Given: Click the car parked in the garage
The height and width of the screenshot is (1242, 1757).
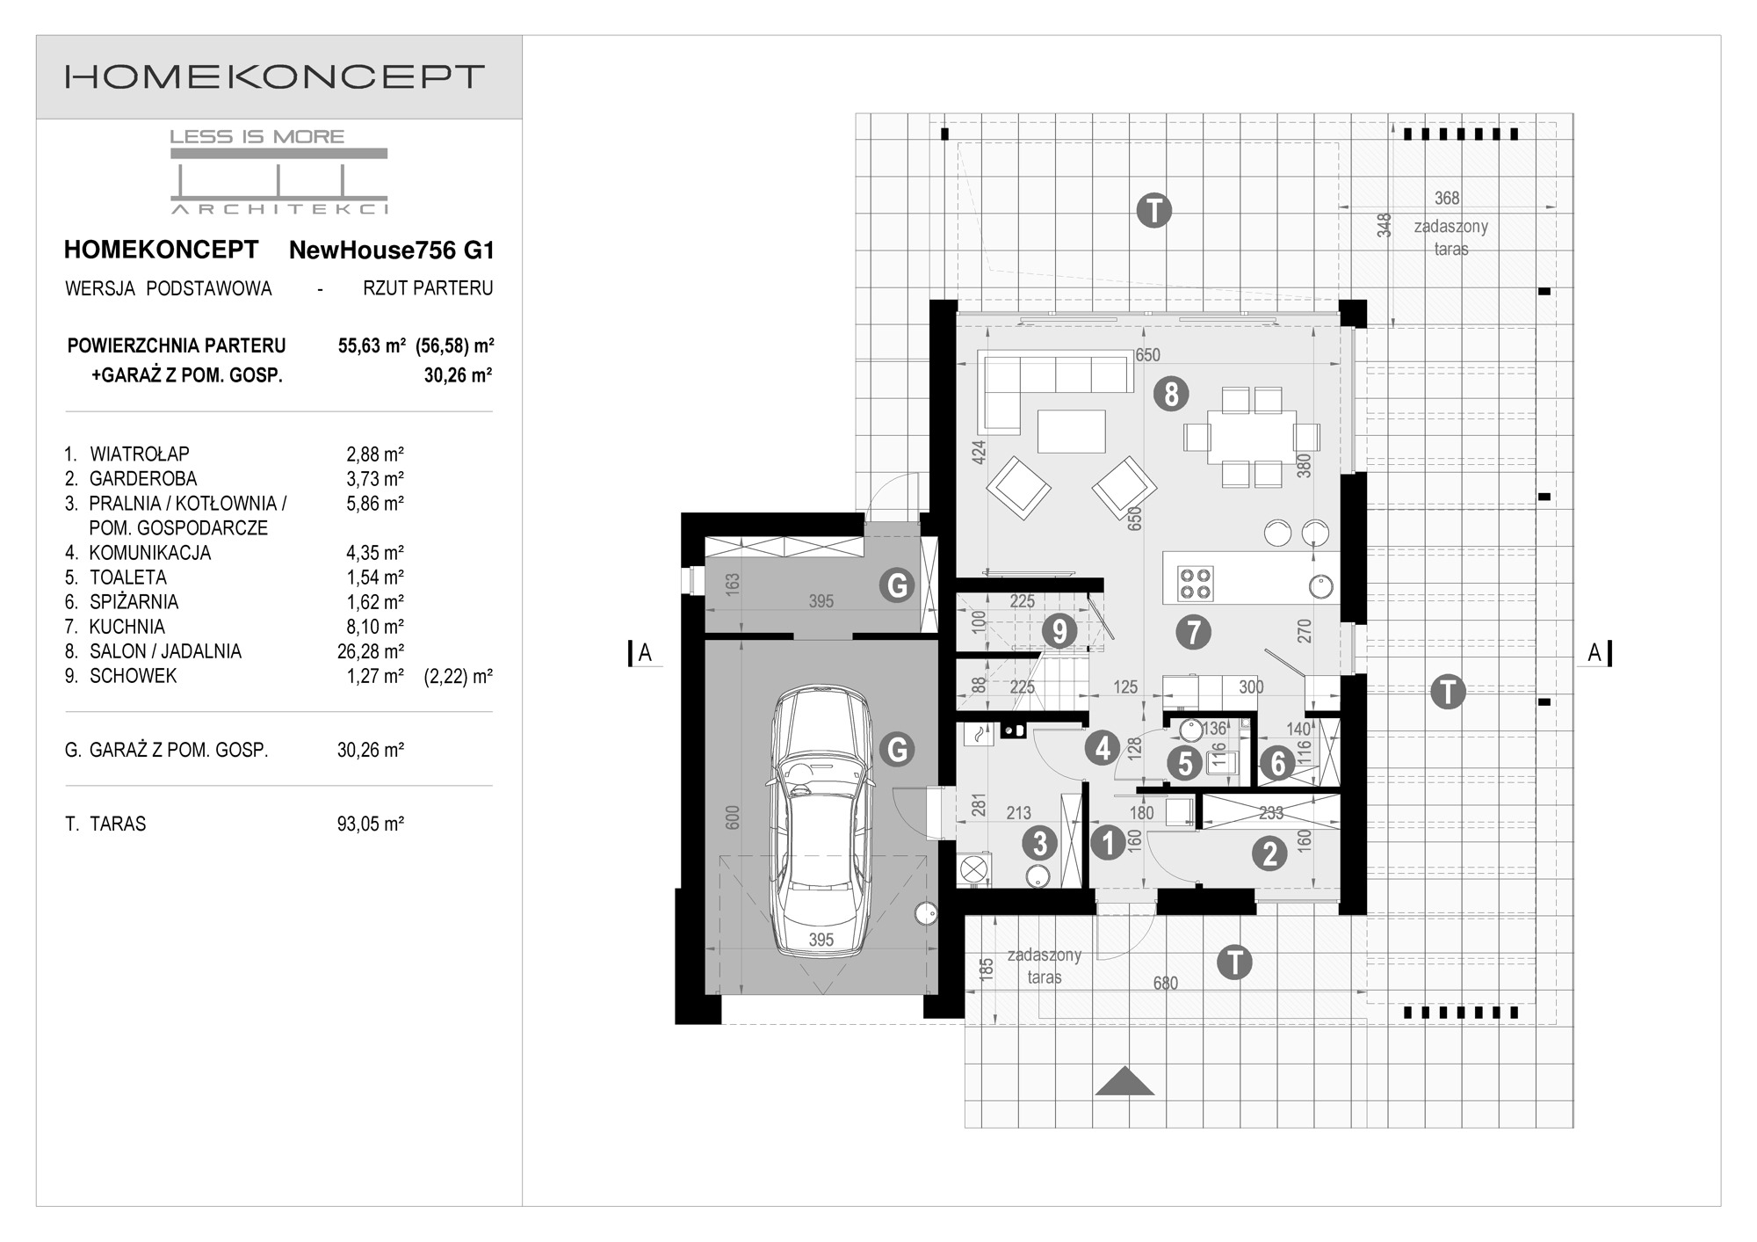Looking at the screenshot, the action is [x=821, y=822].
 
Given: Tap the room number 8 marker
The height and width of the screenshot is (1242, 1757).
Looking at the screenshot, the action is [x=1171, y=394].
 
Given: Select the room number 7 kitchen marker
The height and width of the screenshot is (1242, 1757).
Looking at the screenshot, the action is [x=1193, y=632].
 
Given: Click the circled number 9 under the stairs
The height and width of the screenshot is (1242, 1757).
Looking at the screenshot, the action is [x=1059, y=631].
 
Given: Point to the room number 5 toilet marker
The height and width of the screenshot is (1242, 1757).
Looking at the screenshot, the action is [x=1185, y=764].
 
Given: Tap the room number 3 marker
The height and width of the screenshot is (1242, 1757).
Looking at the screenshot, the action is [x=1040, y=843].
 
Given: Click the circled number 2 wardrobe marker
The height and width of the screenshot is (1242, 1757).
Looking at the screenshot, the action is [x=1269, y=853].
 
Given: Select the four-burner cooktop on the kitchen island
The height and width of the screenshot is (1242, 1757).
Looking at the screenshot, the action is [x=1195, y=582].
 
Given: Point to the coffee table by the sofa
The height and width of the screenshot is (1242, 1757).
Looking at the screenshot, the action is [x=1072, y=431].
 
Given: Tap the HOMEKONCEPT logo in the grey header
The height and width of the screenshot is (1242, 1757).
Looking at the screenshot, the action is [x=275, y=76].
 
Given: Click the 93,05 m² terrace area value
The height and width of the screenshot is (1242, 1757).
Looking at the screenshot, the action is [x=371, y=824].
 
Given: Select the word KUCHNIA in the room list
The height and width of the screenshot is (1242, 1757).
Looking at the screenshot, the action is [x=127, y=627].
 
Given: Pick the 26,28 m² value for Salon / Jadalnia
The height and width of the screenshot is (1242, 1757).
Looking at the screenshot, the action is [x=371, y=651].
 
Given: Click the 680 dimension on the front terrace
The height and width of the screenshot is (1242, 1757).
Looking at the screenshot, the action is [x=1166, y=983].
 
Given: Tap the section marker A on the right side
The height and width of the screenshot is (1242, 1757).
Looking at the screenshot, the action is [x=1594, y=653].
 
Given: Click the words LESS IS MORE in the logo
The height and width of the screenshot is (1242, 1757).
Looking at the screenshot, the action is [x=257, y=136].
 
